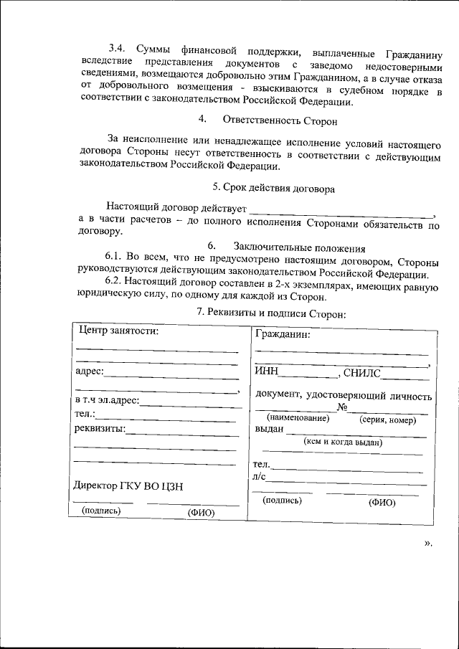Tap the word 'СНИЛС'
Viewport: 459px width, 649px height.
(x=363, y=372)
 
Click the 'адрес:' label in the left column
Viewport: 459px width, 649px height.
(x=89, y=371)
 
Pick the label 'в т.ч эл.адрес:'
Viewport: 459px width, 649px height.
(x=107, y=400)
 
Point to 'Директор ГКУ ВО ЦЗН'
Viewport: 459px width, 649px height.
(x=128, y=485)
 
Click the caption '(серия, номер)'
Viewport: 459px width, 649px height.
(x=387, y=420)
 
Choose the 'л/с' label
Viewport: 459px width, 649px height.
(x=259, y=476)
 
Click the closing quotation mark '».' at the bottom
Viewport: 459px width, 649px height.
(x=428, y=543)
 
